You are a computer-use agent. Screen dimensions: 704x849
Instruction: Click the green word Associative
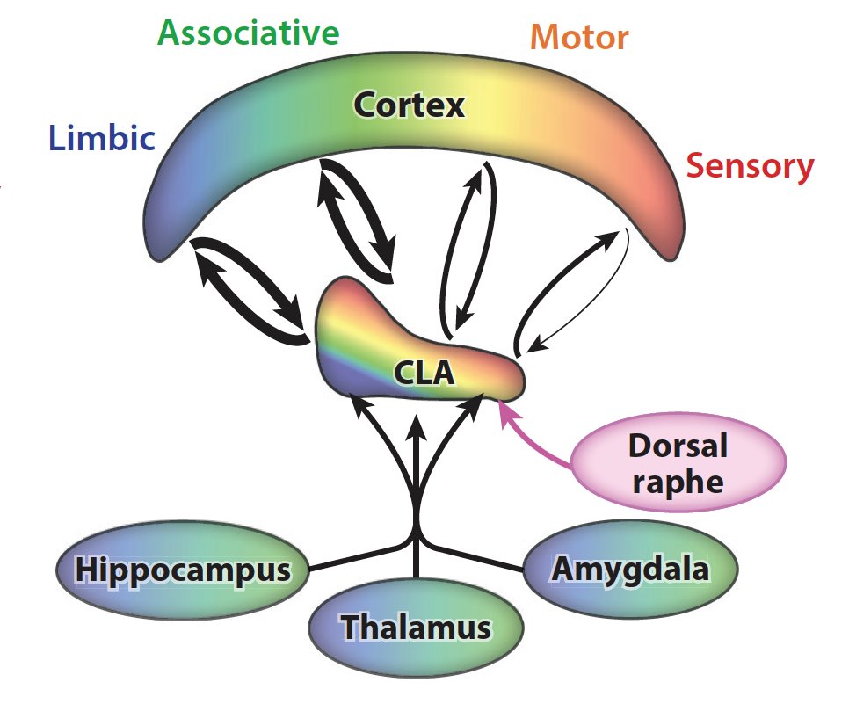(x=248, y=33)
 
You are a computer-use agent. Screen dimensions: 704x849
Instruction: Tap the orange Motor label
(x=580, y=38)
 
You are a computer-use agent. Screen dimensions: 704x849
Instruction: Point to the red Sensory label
(x=750, y=165)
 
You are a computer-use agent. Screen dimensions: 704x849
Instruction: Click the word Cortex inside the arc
(x=409, y=105)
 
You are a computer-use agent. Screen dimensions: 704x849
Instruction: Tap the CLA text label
(x=424, y=374)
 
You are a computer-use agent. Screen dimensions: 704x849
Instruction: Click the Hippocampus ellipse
(x=182, y=570)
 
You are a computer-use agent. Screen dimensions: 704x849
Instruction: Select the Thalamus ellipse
(x=416, y=628)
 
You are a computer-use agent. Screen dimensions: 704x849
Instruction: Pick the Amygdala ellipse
(x=630, y=570)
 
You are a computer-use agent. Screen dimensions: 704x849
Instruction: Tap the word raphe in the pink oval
(x=678, y=482)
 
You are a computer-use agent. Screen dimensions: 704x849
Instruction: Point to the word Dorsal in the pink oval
(x=678, y=446)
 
